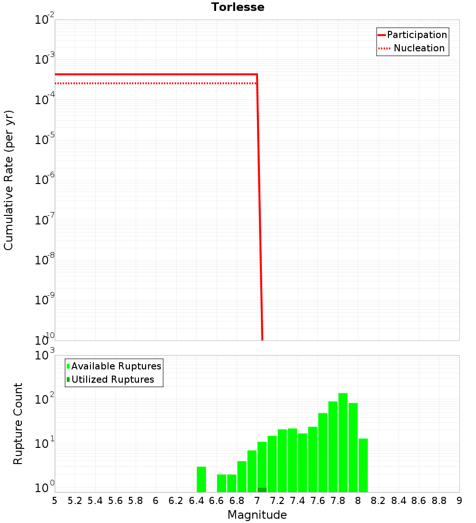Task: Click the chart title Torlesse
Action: tap(238, 7)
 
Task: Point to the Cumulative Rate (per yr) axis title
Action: tap(9, 180)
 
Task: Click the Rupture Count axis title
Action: tap(18, 424)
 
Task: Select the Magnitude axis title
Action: tap(257, 515)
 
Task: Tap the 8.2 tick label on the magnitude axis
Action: tap(378, 501)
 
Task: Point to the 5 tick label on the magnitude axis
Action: tap(55, 501)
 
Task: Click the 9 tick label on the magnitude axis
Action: tap(459, 501)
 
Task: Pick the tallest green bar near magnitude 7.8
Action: tap(343, 442)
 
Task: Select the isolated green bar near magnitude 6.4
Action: tap(201, 479)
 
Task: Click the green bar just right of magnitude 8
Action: tap(363, 465)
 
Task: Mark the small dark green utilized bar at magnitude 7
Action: tap(262, 490)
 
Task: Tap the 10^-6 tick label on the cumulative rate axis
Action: tap(45, 180)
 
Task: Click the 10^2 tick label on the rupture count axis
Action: tap(45, 398)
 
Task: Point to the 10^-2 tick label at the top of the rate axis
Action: tap(45, 20)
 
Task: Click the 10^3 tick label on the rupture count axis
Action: tap(45, 355)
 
